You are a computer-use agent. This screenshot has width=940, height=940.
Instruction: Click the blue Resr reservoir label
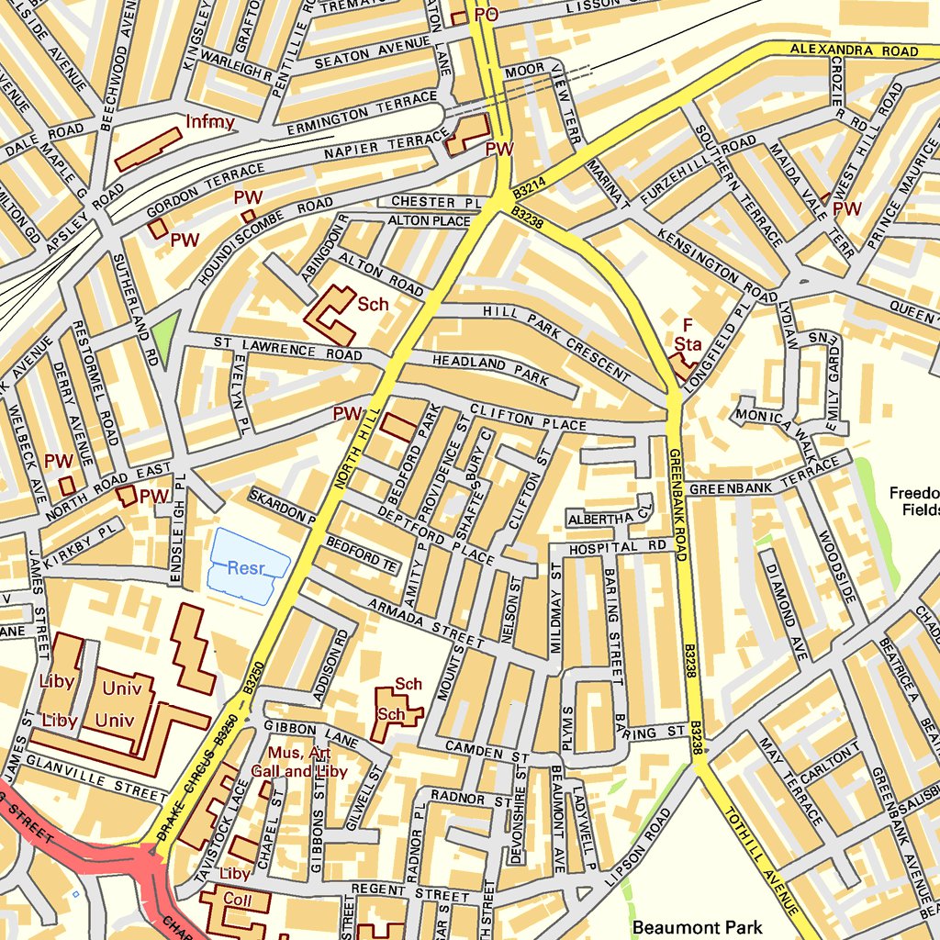[x=247, y=568]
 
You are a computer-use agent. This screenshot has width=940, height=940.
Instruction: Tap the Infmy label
[x=210, y=121]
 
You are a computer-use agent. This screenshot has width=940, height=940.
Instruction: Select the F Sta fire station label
[x=688, y=335]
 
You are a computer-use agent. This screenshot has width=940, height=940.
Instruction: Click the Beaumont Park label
[x=697, y=927]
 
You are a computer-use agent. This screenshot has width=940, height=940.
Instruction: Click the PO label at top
[x=486, y=14]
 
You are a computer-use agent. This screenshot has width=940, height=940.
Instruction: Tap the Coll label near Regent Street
[x=237, y=901]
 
